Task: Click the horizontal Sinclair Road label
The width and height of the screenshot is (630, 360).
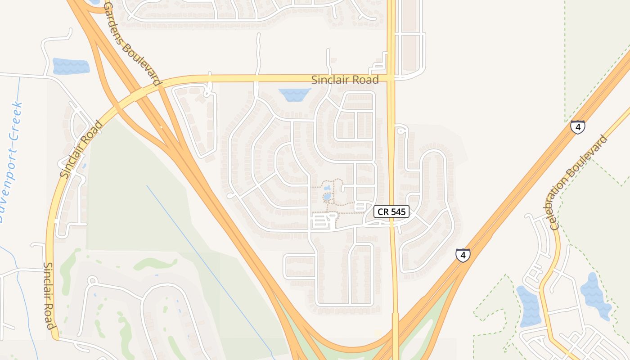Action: (x=345, y=80)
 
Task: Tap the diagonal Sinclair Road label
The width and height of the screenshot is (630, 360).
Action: (x=81, y=149)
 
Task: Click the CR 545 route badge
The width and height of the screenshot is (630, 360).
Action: (x=391, y=211)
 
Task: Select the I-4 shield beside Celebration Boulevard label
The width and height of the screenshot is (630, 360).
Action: (x=578, y=127)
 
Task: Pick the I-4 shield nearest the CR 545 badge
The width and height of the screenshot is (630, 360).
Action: (x=463, y=255)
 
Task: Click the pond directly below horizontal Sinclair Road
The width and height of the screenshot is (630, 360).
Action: (x=295, y=94)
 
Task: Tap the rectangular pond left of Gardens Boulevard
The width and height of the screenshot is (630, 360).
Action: (x=71, y=66)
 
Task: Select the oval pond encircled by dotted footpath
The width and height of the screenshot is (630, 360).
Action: (x=327, y=197)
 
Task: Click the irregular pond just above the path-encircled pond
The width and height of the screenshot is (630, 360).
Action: (x=327, y=187)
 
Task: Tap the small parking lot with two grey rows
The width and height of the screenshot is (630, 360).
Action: (x=360, y=207)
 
